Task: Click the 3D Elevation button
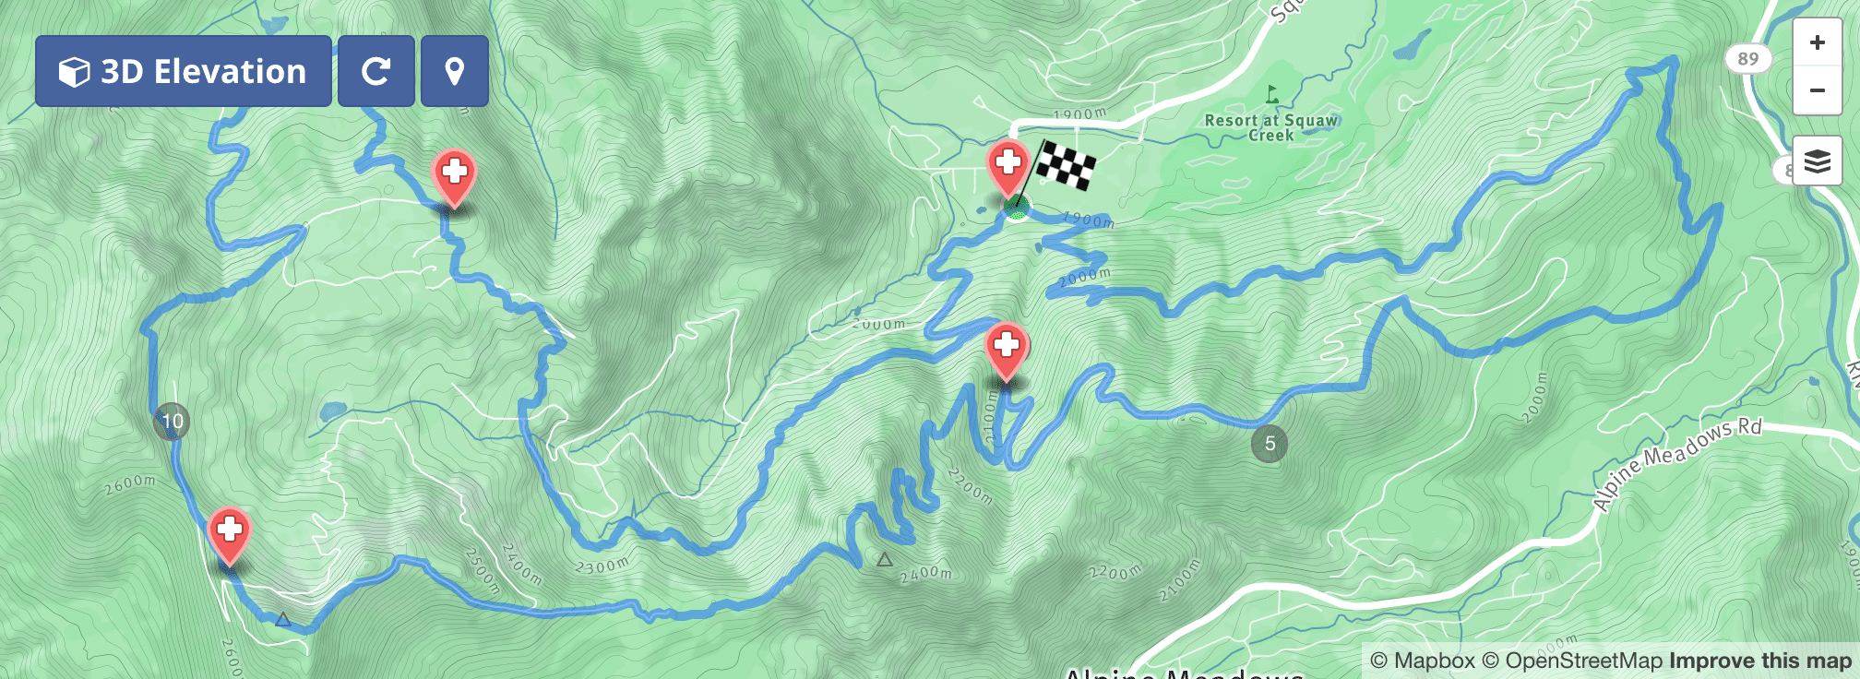(183, 71)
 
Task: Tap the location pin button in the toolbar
(454, 71)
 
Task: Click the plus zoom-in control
(1817, 42)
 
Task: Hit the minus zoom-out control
(1817, 90)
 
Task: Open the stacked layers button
(1817, 161)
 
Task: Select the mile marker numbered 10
(172, 422)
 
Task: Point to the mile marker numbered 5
(1270, 444)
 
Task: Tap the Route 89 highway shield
(1747, 59)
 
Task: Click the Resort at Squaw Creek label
(1270, 127)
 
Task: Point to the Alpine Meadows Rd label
(1677, 463)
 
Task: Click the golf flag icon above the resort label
(1272, 93)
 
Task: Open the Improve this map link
(1760, 661)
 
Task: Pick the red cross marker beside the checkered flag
(1008, 165)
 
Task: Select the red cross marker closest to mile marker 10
(229, 532)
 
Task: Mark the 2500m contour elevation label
(482, 572)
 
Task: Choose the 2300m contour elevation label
(602, 566)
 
